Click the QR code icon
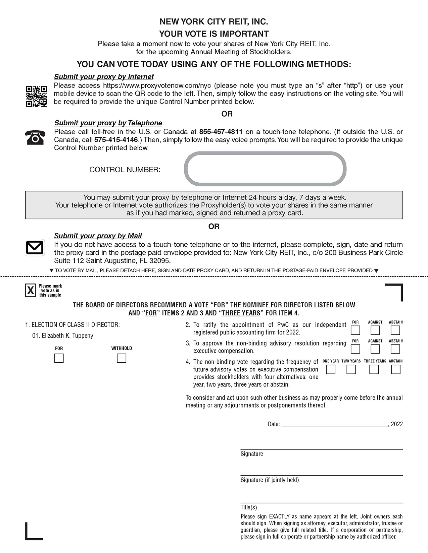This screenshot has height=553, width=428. (36, 96)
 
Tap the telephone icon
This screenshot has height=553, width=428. (35, 137)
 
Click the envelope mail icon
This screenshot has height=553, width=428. (35, 248)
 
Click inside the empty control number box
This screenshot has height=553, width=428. (265, 169)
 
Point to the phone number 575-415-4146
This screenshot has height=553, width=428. (116, 140)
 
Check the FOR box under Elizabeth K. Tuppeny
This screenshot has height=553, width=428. (59, 359)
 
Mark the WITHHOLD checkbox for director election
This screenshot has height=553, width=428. (122, 359)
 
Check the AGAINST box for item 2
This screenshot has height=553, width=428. (375, 330)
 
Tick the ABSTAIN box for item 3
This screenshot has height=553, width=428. (395, 349)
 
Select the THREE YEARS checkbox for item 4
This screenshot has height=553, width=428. (374, 370)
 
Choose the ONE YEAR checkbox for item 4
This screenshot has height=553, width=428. (331, 370)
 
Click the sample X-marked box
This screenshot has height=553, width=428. (31, 290)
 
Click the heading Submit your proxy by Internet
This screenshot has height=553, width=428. (104, 77)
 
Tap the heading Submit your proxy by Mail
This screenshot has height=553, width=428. (98, 236)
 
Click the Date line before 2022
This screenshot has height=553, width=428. (334, 424)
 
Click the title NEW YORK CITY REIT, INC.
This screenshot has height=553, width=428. (213, 22)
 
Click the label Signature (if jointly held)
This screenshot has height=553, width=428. (270, 480)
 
